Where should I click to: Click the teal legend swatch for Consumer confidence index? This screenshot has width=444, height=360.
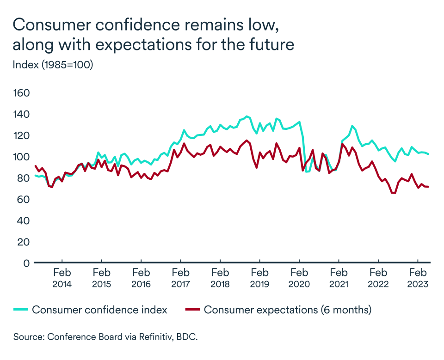pos(22,310)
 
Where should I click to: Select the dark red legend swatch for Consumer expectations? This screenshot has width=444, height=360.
pos(193,310)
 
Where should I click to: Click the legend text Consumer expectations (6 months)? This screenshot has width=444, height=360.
pos(287,310)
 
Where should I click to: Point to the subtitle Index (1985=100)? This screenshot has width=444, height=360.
pos(53,65)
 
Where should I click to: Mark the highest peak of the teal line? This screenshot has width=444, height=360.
pos(247,116)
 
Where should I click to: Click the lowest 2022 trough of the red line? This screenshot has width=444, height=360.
pos(394,193)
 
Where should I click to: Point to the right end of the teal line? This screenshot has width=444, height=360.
pos(429,154)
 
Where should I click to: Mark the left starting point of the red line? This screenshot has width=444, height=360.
pos(36,166)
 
